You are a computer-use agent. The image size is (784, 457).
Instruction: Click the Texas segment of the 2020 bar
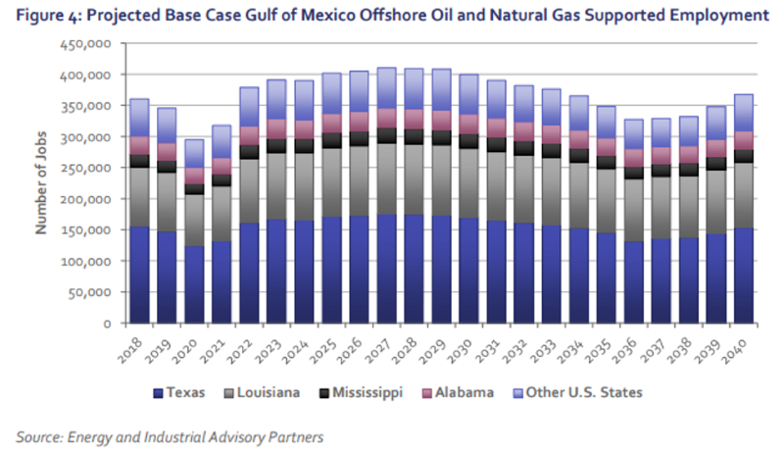pyautogui.click(x=196, y=284)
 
